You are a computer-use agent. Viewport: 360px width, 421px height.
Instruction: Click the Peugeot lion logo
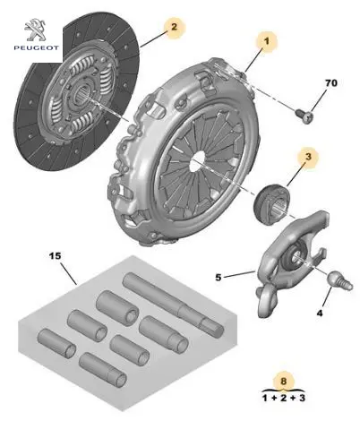(35, 30)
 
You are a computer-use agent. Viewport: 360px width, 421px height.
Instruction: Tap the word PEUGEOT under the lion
(36, 47)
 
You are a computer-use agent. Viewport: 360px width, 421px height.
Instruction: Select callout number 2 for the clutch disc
(174, 27)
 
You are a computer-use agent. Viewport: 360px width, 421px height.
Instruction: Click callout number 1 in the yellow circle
(266, 41)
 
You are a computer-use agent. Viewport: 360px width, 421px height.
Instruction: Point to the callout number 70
(330, 82)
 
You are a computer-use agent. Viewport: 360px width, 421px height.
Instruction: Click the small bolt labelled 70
(304, 116)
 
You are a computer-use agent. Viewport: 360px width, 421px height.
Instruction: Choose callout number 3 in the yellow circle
(308, 157)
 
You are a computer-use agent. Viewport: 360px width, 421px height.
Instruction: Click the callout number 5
(219, 278)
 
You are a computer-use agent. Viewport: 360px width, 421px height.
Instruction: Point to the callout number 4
(320, 314)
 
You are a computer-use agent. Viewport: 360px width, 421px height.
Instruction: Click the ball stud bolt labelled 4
(340, 281)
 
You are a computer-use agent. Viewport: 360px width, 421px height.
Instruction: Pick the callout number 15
(55, 256)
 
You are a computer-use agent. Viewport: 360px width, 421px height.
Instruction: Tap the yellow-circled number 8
(283, 381)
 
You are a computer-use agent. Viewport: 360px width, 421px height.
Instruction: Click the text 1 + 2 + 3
(284, 398)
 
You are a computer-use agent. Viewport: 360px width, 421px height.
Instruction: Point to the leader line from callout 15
(68, 273)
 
